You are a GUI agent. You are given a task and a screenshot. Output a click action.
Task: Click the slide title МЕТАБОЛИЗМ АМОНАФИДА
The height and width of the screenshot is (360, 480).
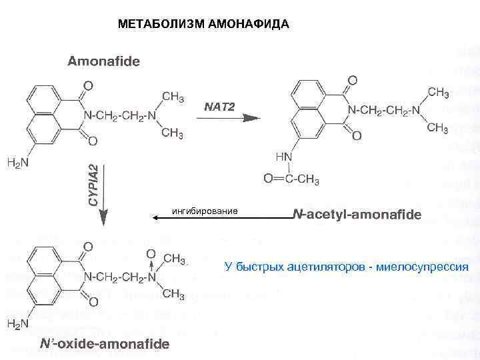203,25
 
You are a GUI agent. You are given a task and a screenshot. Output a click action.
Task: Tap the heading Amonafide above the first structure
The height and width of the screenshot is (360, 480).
103,62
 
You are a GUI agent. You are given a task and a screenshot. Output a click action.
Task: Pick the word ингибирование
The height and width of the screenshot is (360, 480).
205,211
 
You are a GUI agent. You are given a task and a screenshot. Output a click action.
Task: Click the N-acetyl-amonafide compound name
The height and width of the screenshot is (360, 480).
357,215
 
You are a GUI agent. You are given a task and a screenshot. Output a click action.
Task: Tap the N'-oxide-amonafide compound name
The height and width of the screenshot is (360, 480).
104,344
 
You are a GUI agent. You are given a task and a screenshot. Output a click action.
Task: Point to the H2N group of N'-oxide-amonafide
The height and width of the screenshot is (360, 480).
17,324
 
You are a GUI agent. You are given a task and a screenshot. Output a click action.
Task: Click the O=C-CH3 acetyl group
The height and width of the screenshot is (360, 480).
291,179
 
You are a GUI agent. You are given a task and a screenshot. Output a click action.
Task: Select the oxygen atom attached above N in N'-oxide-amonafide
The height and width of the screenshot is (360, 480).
151,254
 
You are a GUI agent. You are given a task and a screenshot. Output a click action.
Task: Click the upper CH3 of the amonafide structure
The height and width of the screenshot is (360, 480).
173,97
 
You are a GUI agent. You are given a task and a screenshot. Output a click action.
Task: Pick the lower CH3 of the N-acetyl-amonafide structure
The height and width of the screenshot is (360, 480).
437,127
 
